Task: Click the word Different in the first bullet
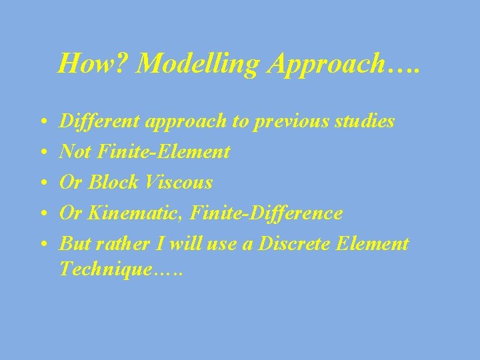coord(94,121)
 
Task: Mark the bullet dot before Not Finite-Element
coord(43,153)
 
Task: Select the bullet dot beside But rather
coord(43,245)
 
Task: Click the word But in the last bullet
coord(73,243)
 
